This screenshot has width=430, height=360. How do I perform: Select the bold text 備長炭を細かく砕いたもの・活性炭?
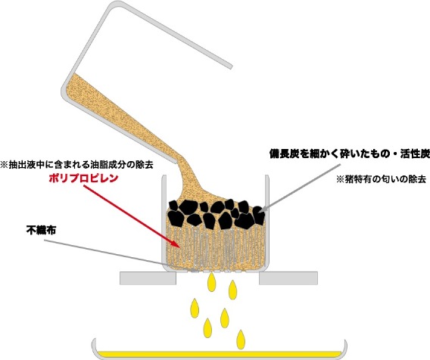tap(350, 154)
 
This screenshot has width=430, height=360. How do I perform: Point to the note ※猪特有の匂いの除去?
tap(382, 179)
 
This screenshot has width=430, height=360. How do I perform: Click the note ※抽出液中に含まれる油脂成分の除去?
tap(76, 165)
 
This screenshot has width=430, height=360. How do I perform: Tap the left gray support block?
tap(148, 278)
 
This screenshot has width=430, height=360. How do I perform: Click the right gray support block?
tap(288, 278)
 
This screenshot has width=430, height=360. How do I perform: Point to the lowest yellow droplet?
tap(241, 339)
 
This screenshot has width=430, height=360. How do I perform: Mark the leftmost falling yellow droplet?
tap(195, 308)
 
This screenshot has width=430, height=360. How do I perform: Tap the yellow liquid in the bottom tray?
tap(220, 353)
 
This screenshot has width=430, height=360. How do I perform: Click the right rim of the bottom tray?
tap(344, 348)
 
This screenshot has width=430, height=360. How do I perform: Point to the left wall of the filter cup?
tap(164, 222)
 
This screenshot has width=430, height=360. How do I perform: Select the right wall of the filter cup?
tap(267, 222)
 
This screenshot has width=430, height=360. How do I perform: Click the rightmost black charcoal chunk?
tap(259, 215)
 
